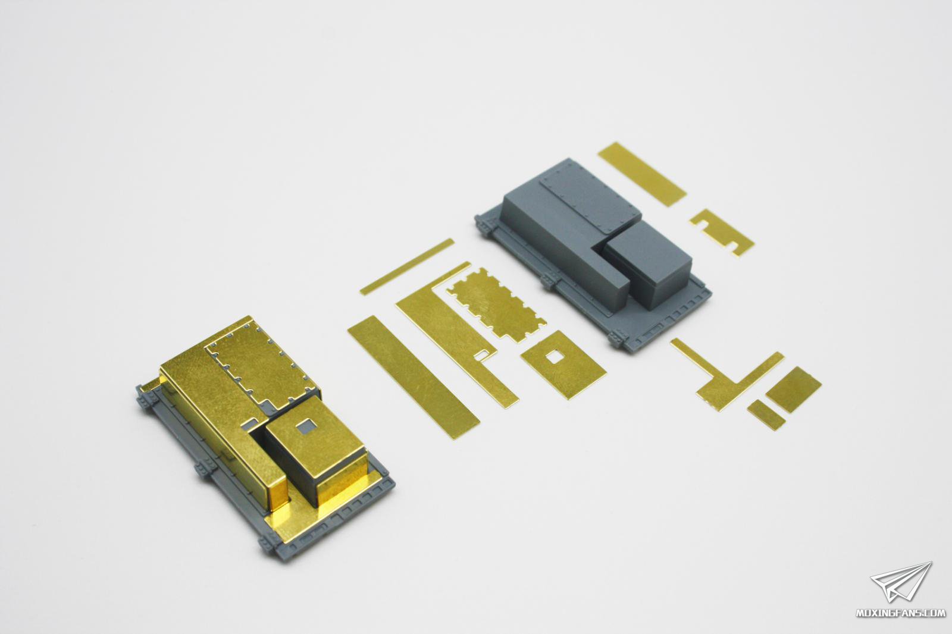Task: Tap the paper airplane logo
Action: pos(900,582)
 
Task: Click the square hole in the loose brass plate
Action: pos(553,357)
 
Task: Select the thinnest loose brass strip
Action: pos(407,267)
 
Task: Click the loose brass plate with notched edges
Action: pos(496,305)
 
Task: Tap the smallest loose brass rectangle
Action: pos(766,415)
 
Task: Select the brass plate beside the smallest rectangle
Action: pos(794,390)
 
